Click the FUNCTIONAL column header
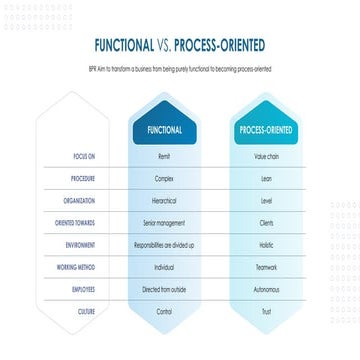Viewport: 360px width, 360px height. click(x=164, y=130)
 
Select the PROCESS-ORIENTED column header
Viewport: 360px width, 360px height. click(x=266, y=130)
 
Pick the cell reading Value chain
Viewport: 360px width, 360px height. click(x=266, y=157)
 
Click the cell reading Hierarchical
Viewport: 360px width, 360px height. click(x=164, y=201)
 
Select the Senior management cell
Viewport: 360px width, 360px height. click(x=164, y=223)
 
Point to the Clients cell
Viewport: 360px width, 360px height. click(x=266, y=223)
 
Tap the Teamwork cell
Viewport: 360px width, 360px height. click(x=266, y=267)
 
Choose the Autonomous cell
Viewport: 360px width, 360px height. click(x=266, y=289)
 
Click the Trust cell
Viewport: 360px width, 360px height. click(x=266, y=311)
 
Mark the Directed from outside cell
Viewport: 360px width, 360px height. click(x=164, y=289)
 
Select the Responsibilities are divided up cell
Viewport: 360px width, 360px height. click(x=164, y=244)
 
